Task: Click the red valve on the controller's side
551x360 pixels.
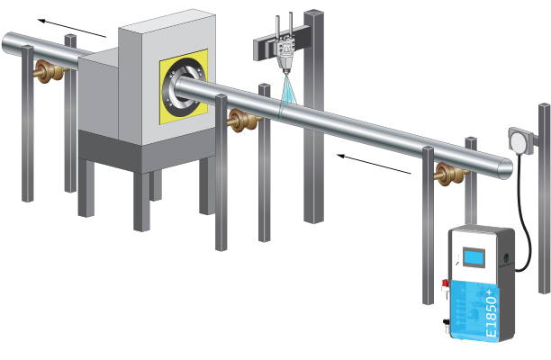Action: [445, 287]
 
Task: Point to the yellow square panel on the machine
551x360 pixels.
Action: [188, 90]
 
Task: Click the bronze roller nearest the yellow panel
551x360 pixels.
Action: [241, 121]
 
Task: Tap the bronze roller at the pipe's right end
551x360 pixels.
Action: [445, 174]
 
